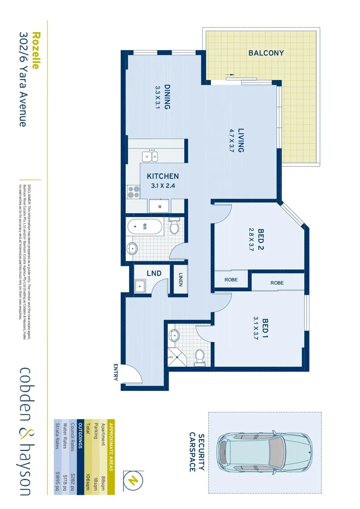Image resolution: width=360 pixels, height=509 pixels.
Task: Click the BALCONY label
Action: point(266,53)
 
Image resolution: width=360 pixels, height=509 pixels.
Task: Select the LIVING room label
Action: point(237,140)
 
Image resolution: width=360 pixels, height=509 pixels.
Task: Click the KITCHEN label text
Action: point(163,176)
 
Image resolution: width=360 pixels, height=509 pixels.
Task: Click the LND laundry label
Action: point(154,273)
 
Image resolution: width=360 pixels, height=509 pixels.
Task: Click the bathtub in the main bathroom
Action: point(146,228)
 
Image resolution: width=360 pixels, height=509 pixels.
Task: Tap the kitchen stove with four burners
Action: point(133,192)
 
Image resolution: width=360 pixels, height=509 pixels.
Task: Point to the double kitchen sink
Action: point(151,156)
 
